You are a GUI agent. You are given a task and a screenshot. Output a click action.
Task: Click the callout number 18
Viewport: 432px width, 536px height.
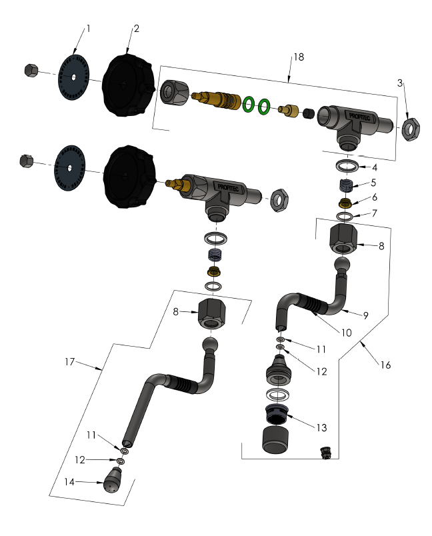(298, 57)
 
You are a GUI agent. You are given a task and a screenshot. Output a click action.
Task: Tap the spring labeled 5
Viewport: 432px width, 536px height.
(345, 185)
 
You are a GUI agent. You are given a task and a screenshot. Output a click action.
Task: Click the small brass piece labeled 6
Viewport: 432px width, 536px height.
(345, 203)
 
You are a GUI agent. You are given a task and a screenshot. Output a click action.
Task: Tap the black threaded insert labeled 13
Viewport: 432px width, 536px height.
(277, 415)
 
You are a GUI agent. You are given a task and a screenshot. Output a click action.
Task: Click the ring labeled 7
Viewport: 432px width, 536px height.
(345, 217)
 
